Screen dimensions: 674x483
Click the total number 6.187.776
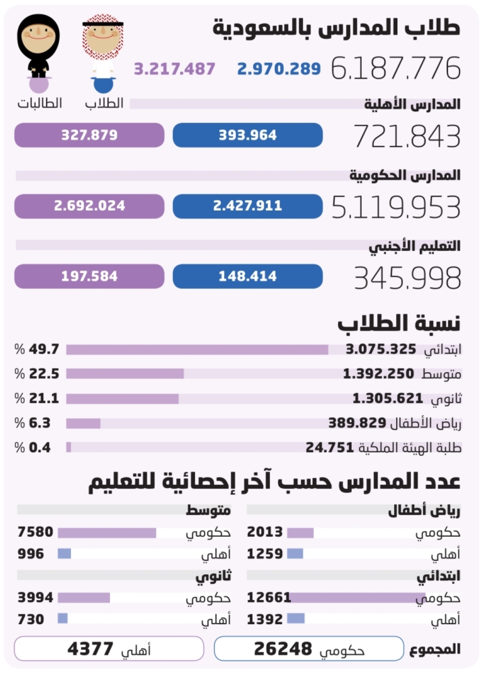pos(396,68)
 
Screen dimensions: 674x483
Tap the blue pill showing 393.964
pos(247,135)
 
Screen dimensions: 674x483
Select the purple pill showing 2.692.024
pos(89,206)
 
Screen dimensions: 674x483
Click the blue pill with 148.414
pos(247,277)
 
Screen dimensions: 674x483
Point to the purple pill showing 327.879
pos(89,135)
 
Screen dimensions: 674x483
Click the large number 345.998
pos(407,279)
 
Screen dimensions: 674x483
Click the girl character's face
pos(39,33)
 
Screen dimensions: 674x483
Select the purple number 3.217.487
pos(174,69)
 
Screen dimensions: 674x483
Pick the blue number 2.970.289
pos(279,69)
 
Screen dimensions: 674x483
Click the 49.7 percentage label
pos(38,349)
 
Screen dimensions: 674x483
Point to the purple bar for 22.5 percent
pos(125,374)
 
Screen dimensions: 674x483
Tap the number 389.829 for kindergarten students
pos(357,423)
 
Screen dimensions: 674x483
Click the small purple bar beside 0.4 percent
pos(69,448)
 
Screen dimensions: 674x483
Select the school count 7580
pos(35,532)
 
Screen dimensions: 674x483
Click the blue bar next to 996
pos(64,554)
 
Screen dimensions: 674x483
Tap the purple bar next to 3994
pos(84,598)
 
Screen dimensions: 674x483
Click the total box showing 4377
pos(109,649)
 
